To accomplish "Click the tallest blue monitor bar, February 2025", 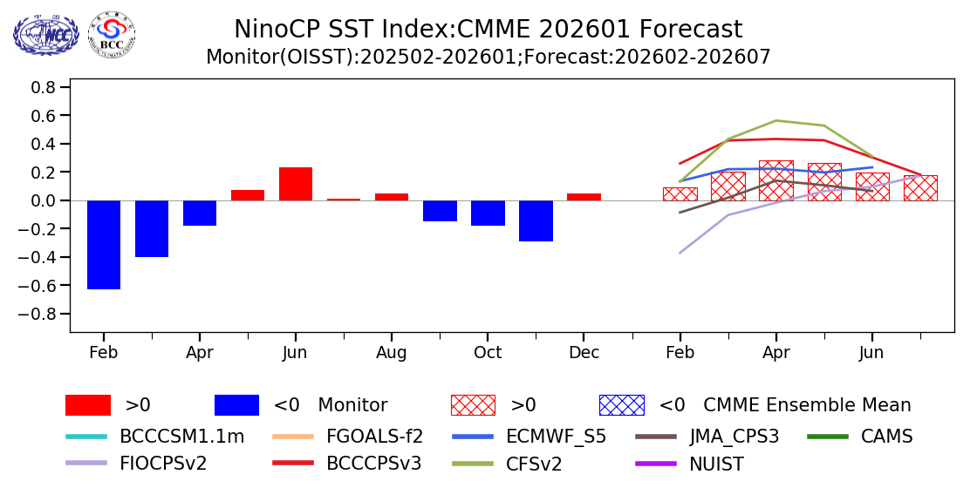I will click(104, 245).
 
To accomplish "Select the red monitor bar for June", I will click(296, 184).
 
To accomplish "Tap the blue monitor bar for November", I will click(536, 220).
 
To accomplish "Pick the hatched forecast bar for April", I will click(776, 180).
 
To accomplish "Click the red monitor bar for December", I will click(584, 197).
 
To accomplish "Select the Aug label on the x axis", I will click(392, 353).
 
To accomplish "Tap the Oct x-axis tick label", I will click(488, 353).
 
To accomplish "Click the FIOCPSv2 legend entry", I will click(163, 464).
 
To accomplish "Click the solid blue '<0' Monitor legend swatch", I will click(236, 405).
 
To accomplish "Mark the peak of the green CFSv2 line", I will click(776, 120).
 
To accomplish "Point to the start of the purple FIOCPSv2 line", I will click(680, 253).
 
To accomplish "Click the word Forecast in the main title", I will click(690, 30).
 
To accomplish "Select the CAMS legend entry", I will click(885, 437).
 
